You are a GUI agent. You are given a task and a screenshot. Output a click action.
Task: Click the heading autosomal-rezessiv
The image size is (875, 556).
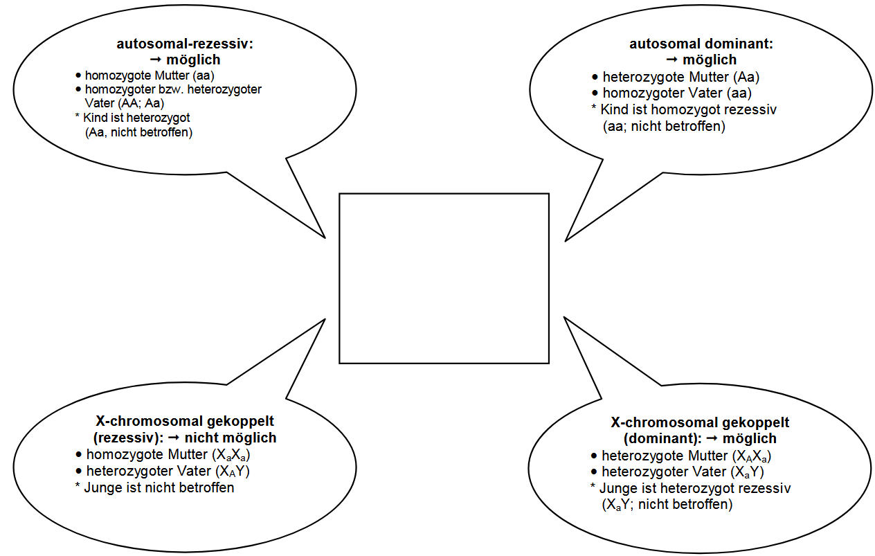(x=185, y=44)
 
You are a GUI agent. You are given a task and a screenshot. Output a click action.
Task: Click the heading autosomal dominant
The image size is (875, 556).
(x=701, y=44)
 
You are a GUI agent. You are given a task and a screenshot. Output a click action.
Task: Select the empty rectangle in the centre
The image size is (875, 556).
(x=444, y=278)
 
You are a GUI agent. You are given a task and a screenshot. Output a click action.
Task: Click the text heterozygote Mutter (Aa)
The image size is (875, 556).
(x=681, y=78)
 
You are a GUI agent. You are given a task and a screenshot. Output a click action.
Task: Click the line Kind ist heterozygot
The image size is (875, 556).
(x=136, y=118)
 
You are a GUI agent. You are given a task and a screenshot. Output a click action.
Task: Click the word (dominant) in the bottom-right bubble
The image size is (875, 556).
(x=653, y=438)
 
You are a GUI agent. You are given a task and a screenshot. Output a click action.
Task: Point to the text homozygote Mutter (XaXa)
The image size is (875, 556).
(x=168, y=455)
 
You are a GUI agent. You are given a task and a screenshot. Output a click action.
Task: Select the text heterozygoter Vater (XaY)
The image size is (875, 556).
(x=683, y=472)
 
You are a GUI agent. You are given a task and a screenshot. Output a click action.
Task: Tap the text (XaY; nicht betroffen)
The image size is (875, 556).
(x=668, y=505)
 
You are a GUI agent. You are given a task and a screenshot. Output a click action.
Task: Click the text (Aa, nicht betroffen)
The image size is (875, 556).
(x=138, y=132)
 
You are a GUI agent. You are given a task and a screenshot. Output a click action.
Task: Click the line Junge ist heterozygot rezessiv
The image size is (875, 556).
(x=695, y=488)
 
